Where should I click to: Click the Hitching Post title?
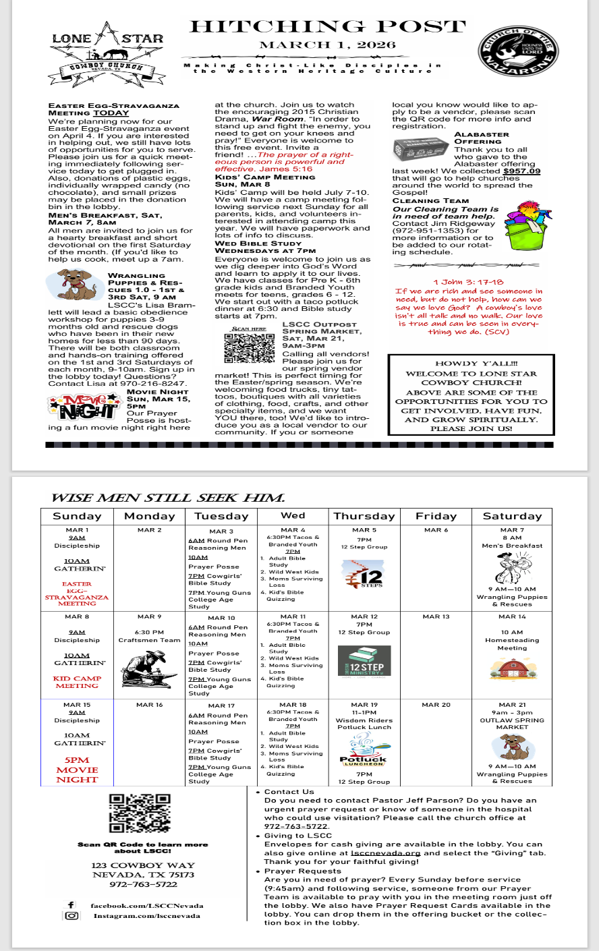tap(327, 27)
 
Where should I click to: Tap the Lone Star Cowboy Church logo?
tap(108, 51)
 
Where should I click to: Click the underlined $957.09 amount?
tap(521, 171)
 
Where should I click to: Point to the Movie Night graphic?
tap(84, 406)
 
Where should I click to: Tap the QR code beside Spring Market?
tap(250, 347)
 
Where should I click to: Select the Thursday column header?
tap(364, 517)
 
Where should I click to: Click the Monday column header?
tap(149, 517)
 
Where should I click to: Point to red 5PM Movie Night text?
tap(77, 770)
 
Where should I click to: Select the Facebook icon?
tap(71, 905)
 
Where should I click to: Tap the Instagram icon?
tap(72, 916)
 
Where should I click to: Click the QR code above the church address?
tap(134, 814)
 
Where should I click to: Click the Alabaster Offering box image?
tap(420, 148)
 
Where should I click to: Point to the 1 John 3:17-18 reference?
tap(468, 282)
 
